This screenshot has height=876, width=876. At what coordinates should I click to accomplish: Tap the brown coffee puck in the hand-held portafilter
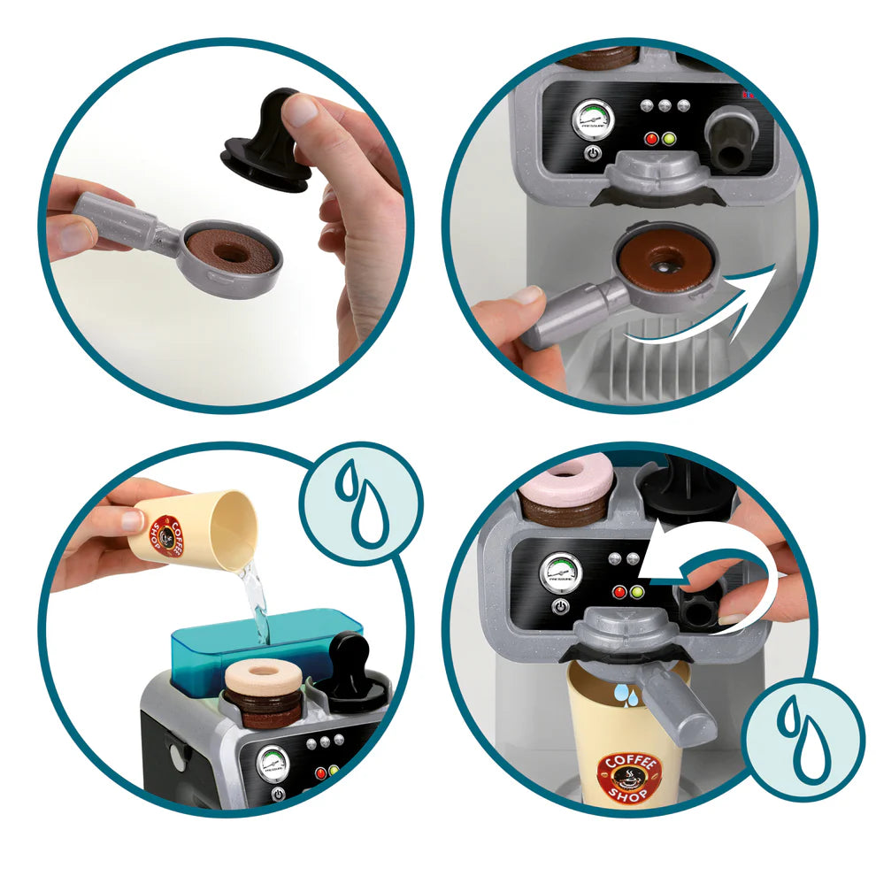pos(231,250)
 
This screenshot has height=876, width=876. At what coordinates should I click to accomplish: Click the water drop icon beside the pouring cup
pos(359,503)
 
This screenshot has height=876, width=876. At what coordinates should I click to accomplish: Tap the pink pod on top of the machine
pos(567,481)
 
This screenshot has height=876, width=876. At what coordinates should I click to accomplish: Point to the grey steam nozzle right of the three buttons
pos(732,140)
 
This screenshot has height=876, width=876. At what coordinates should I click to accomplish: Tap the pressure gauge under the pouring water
pos(274,762)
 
